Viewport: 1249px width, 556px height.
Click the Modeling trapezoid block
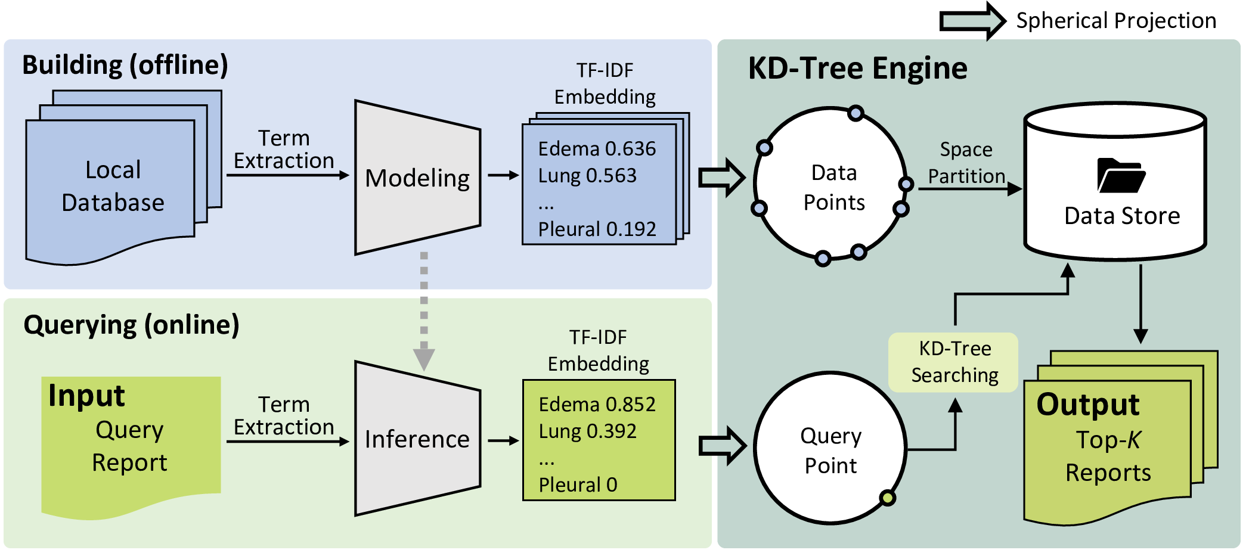click(417, 178)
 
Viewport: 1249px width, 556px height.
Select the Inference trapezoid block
click(417, 439)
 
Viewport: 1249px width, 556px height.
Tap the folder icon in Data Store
click(1121, 175)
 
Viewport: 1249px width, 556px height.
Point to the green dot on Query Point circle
click(888, 498)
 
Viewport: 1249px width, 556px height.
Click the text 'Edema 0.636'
click(597, 148)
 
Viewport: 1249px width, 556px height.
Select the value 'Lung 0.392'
click(588, 431)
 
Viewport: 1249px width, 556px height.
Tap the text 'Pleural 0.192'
click(597, 229)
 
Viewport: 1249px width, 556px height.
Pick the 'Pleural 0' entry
click(578, 484)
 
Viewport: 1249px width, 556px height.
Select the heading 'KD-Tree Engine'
click(857, 68)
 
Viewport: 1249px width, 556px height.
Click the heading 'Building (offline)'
click(125, 65)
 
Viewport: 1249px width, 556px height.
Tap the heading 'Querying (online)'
click(131, 325)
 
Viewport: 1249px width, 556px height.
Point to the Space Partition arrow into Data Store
click(971, 189)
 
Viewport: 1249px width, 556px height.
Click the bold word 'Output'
click(1088, 405)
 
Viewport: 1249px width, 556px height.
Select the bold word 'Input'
click(86, 396)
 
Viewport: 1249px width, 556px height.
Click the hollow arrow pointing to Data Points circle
click(722, 178)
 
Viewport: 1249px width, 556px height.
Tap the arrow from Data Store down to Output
click(1140, 304)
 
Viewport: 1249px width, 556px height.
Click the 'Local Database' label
click(113, 186)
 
